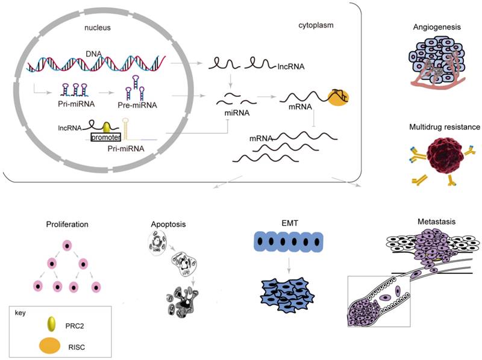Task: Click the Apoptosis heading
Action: pyautogui.click(x=168, y=224)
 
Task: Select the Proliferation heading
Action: pyautogui.click(x=67, y=225)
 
